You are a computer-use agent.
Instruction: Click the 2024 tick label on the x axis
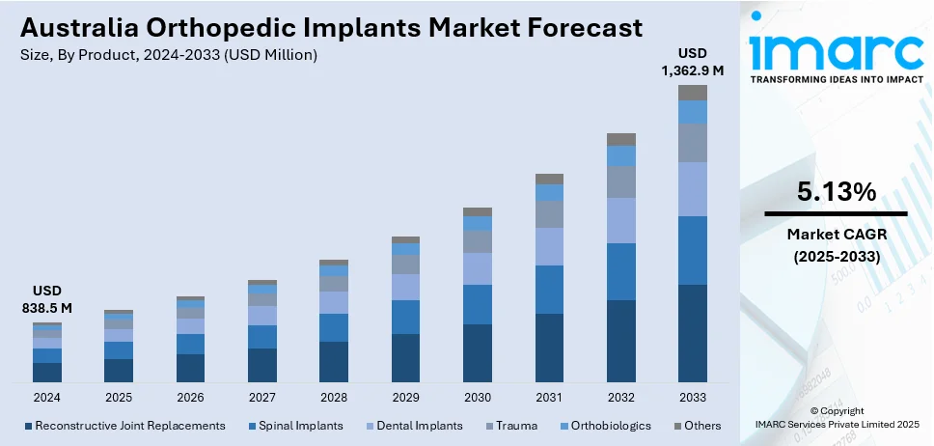pos(46,398)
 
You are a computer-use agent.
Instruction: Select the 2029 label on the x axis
pos(405,398)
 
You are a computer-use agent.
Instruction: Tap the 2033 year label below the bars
pos(692,398)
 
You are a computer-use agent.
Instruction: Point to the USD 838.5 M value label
pos(46,299)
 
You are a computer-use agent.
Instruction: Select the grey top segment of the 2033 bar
pos(692,93)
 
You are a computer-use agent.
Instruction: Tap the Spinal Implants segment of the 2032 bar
pos(620,271)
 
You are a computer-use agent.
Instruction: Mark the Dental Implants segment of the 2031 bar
pos(549,246)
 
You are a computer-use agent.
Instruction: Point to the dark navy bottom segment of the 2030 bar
pos(478,352)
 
